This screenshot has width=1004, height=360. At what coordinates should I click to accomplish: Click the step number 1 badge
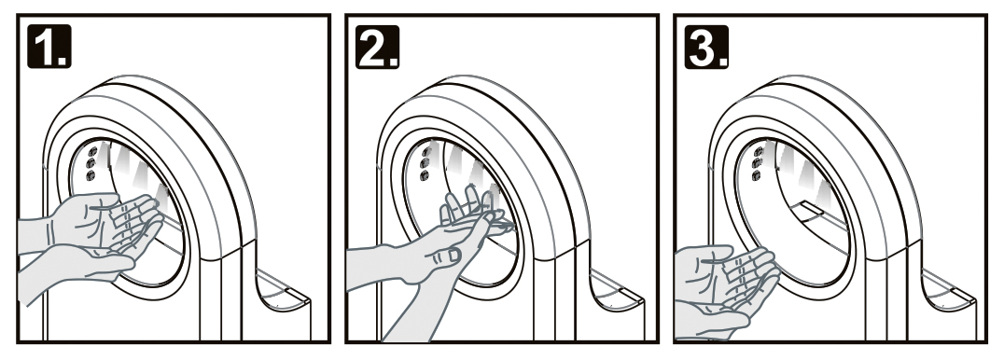(49, 46)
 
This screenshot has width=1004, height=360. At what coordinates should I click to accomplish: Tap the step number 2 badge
(378, 46)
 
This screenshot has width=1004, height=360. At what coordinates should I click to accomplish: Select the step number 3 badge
(706, 46)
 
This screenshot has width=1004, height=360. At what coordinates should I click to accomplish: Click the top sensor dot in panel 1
(91, 151)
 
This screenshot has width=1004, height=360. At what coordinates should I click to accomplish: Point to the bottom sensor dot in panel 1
(91, 175)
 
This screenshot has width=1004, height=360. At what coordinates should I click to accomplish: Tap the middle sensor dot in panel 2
(425, 163)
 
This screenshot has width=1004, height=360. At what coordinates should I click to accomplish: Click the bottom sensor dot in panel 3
(757, 175)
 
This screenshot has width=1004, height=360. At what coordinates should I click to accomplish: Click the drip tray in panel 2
(616, 293)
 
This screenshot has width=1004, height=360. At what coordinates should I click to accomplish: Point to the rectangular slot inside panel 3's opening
(809, 208)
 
